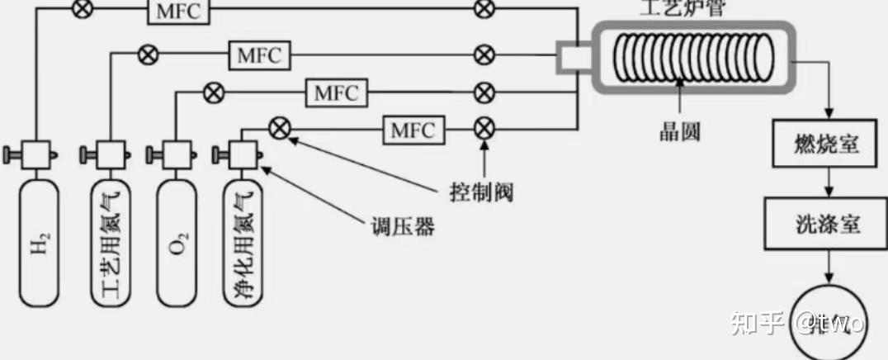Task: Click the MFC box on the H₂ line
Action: (x=178, y=11)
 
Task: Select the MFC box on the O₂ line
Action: (x=337, y=92)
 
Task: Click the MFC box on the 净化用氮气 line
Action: (x=413, y=129)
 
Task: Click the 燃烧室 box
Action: (x=828, y=144)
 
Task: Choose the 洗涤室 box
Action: (x=828, y=222)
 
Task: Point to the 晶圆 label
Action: (x=679, y=131)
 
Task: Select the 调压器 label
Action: (x=402, y=226)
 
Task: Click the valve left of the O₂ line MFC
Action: (x=214, y=92)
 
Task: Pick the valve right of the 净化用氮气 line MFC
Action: (x=485, y=129)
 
